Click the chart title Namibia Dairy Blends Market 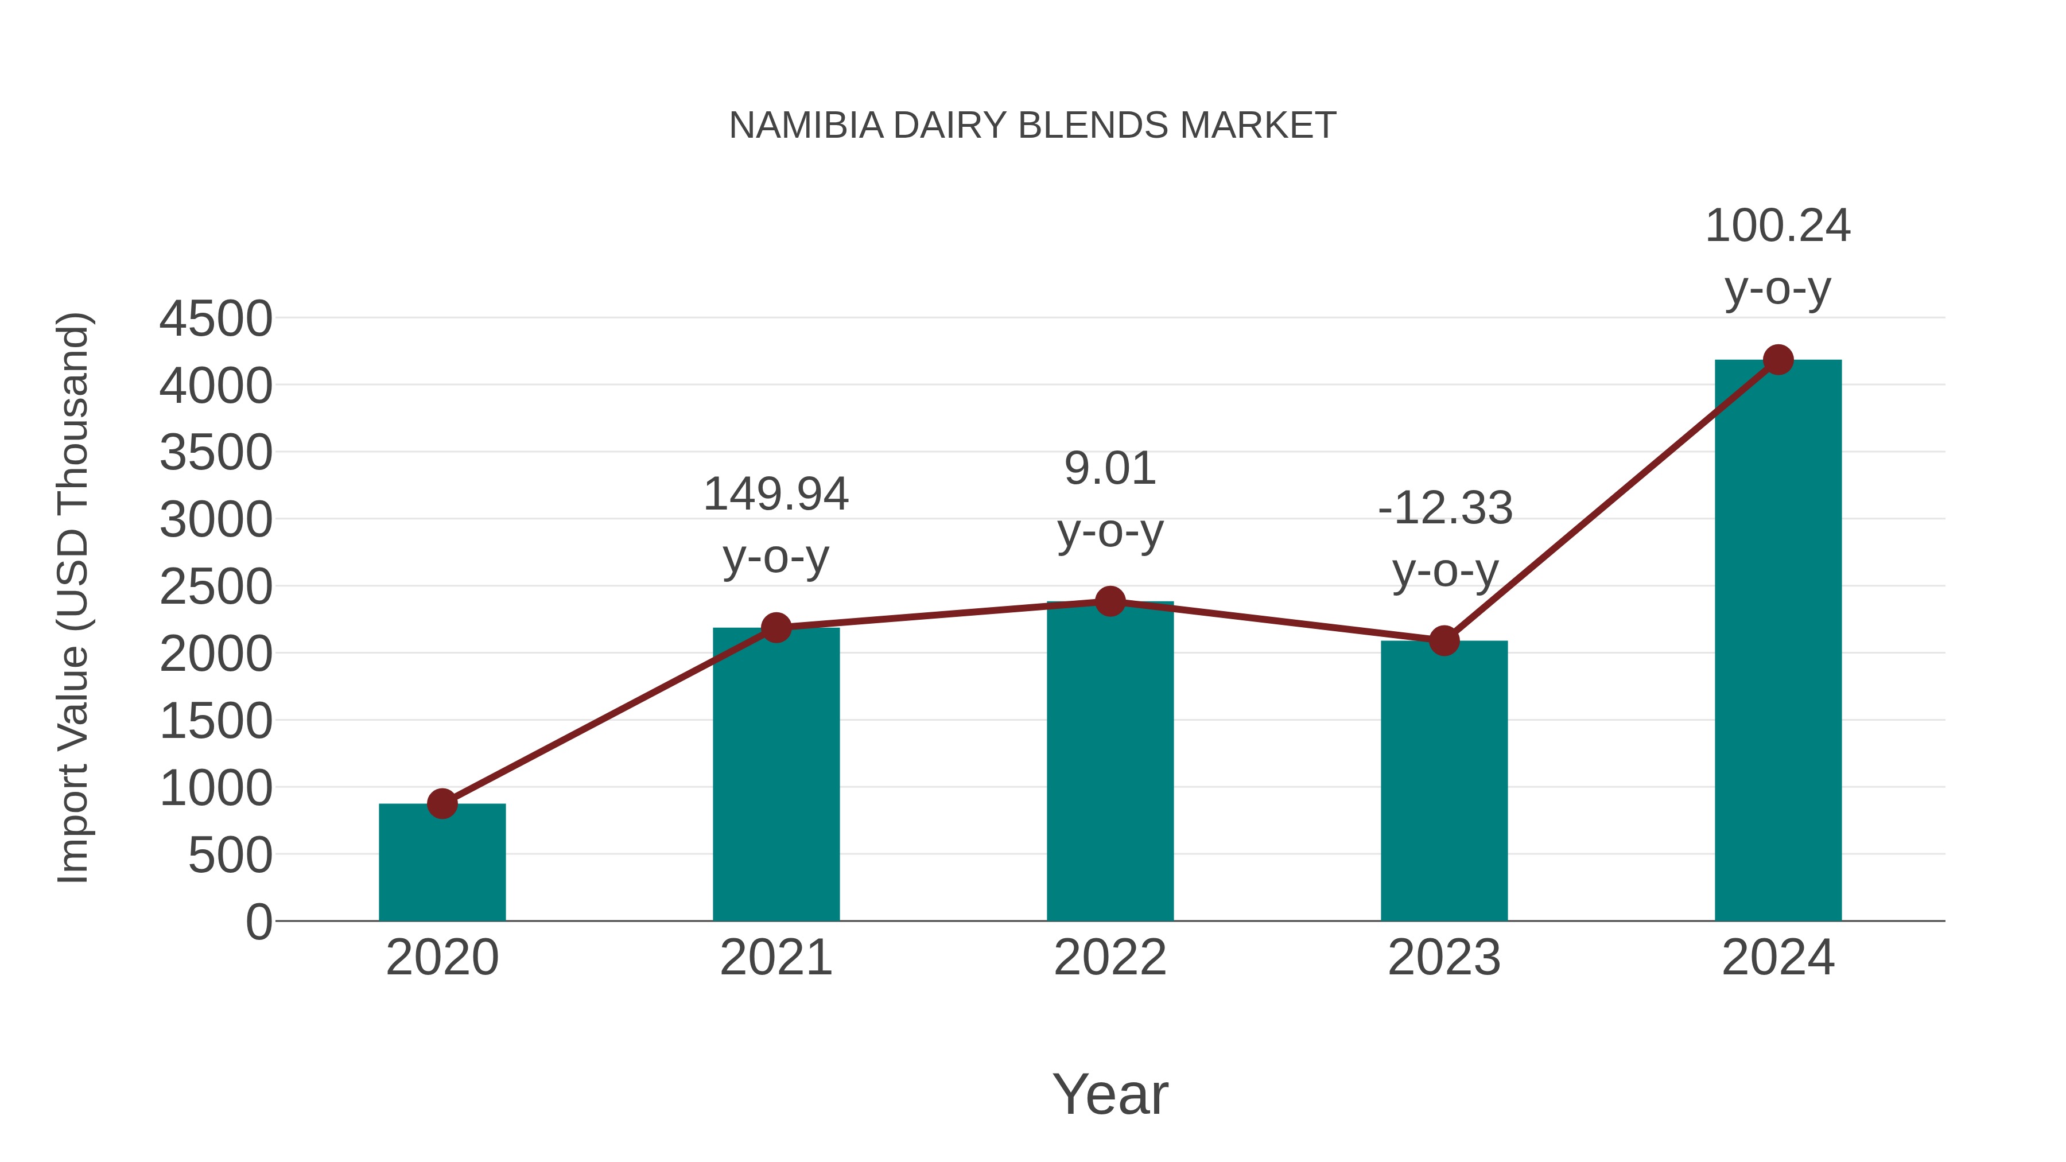(x=1032, y=126)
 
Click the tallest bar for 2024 (x=1777, y=642)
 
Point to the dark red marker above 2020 (x=442, y=803)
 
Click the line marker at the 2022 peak (x=1110, y=601)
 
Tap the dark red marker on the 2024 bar (x=1778, y=359)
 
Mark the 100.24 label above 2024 (x=1777, y=226)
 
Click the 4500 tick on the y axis (x=216, y=319)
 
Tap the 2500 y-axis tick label (x=216, y=587)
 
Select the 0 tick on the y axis (x=258, y=922)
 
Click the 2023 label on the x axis (x=1444, y=958)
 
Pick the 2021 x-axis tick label (x=775, y=958)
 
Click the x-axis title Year (x=1110, y=1095)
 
